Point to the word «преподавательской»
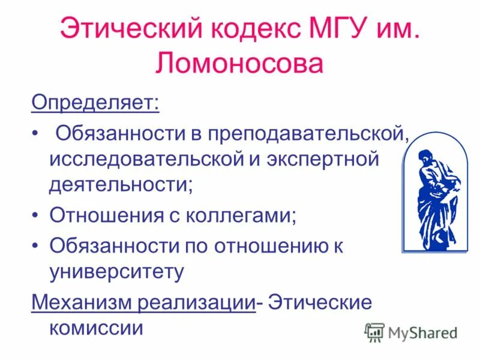[308, 133]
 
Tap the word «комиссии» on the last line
[96, 328]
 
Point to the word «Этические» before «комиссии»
[320, 302]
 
